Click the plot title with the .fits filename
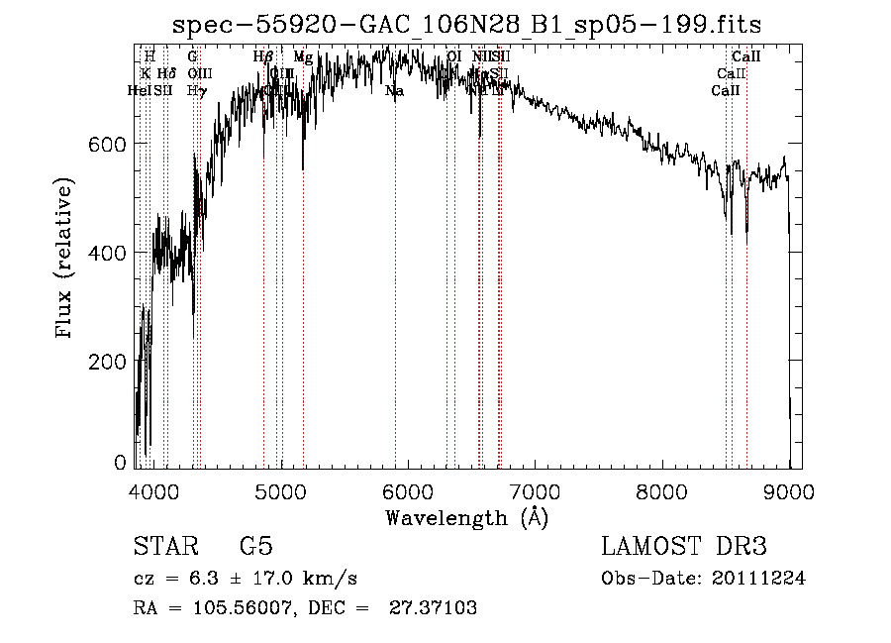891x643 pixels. (466, 25)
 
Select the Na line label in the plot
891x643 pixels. (394, 91)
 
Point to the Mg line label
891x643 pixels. (303, 57)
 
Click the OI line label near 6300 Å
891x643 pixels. (453, 57)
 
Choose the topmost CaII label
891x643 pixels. (745, 57)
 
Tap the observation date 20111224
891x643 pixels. (758, 579)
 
